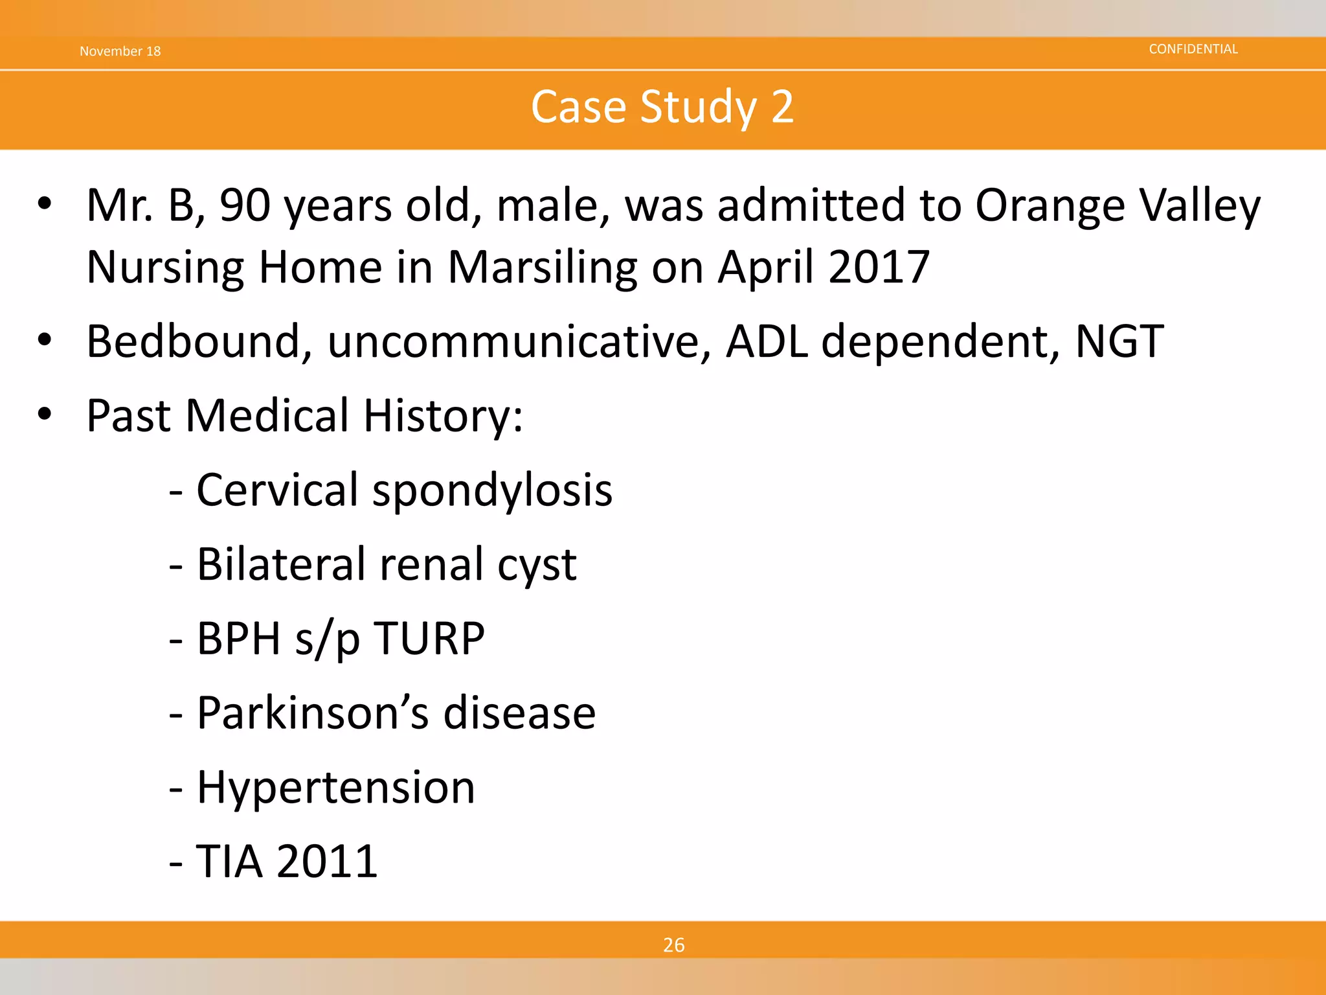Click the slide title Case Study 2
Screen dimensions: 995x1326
click(662, 107)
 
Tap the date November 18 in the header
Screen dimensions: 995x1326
click(120, 51)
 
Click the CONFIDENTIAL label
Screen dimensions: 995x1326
click(1193, 49)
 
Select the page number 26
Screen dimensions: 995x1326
click(673, 945)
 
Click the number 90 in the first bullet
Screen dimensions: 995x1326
click(245, 206)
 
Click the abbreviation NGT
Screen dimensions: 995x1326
click(1119, 341)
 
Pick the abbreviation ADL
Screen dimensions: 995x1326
click(767, 341)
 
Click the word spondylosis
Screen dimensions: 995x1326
click(492, 491)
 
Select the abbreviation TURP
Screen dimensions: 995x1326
click(429, 639)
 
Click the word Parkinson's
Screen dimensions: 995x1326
click(312, 713)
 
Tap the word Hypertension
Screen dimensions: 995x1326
click(335, 788)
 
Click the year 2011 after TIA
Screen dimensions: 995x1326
click(327, 862)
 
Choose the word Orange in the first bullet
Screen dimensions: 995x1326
click(1050, 206)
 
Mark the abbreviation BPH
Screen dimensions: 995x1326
click(238, 639)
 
